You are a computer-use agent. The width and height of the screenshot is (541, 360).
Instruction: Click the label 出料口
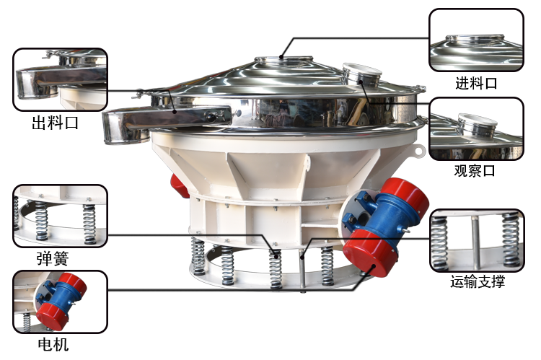(x=56, y=123)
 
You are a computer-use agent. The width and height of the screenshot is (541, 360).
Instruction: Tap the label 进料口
(x=476, y=83)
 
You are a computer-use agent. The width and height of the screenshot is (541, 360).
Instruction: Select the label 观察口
(x=475, y=170)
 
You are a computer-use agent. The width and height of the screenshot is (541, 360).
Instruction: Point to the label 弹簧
(x=53, y=258)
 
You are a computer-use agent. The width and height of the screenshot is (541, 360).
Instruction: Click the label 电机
(x=53, y=344)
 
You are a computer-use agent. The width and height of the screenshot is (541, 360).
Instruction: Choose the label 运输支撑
(x=478, y=281)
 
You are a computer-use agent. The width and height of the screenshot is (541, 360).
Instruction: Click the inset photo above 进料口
(x=476, y=40)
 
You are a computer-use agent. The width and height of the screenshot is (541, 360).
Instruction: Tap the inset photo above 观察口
(x=476, y=128)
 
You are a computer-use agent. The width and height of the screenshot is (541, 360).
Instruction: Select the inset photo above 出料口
(x=61, y=79)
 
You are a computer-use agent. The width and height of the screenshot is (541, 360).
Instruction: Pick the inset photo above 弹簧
(x=61, y=216)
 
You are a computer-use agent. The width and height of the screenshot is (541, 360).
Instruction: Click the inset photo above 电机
(x=61, y=302)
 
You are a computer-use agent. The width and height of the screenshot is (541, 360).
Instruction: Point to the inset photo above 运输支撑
(x=478, y=240)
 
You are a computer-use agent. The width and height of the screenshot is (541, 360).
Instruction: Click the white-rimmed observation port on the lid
(x=362, y=74)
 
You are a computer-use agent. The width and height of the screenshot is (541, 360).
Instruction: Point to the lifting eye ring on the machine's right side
(x=419, y=152)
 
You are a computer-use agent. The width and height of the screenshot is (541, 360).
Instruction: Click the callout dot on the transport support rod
(x=302, y=256)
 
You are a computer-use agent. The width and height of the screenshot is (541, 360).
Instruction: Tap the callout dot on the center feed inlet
(x=281, y=57)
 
